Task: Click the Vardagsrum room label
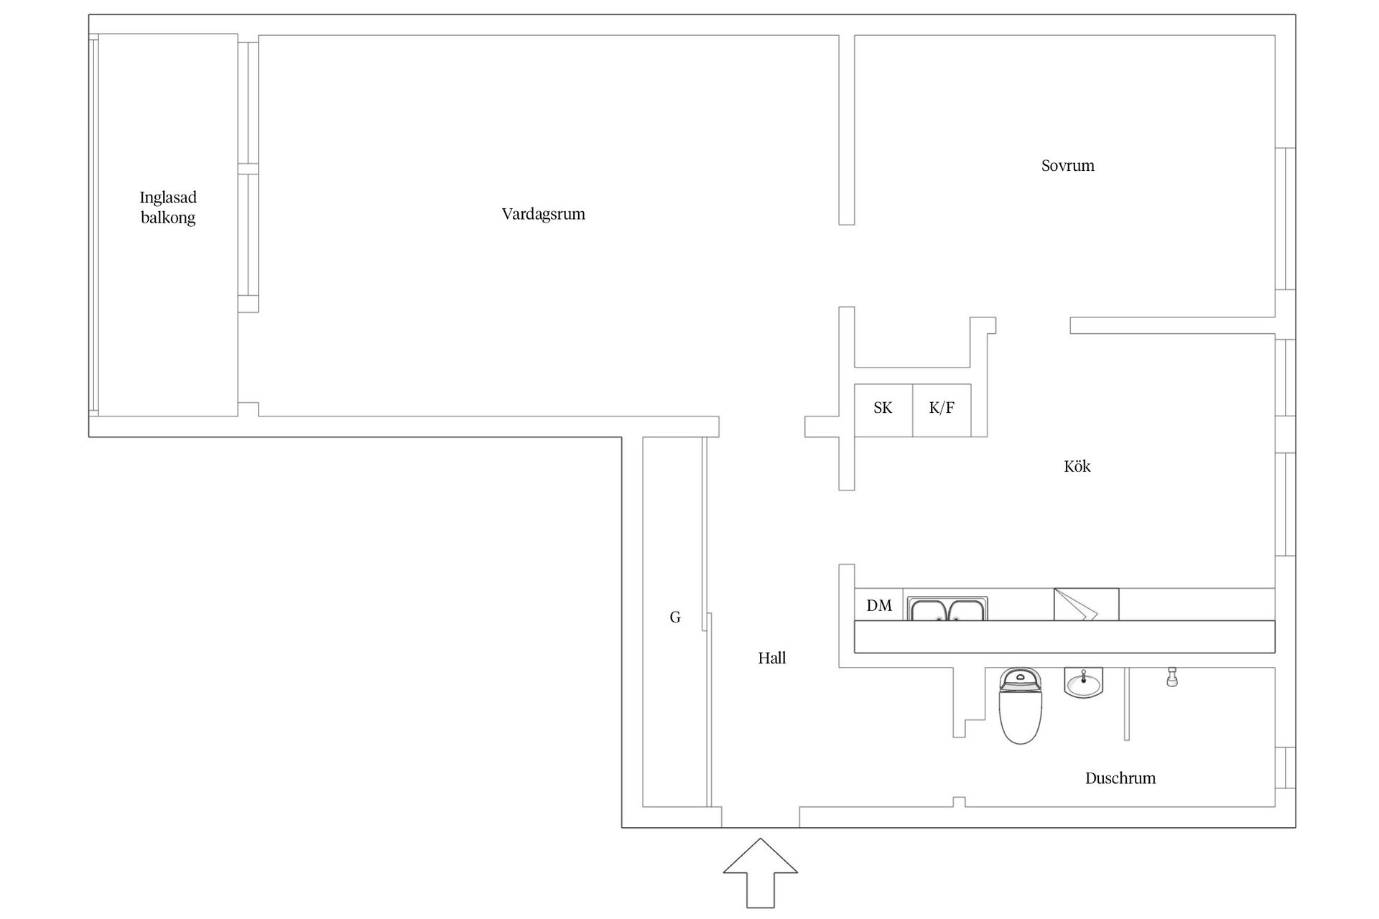click(543, 214)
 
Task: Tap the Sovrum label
click(1067, 166)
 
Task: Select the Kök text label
click(1077, 467)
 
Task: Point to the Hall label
click(771, 658)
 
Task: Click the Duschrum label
click(1120, 778)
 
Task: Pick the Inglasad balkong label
click(168, 207)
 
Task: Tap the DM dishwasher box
click(878, 605)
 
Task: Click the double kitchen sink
click(947, 609)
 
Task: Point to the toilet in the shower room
click(1020, 707)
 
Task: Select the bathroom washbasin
click(1083, 682)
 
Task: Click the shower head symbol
click(1171, 677)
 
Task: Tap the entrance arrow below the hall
click(760, 872)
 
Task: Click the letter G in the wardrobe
click(674, 617)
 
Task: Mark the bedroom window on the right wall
click(1284, 218)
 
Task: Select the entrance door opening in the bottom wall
click(760, 817)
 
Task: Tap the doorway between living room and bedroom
click(847, 266)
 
